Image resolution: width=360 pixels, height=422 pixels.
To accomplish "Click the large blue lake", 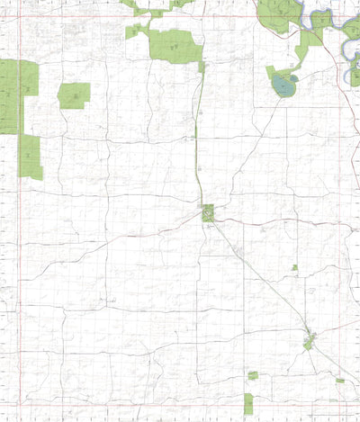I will point(284,85).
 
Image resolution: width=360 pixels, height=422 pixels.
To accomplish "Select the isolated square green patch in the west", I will point(74,95).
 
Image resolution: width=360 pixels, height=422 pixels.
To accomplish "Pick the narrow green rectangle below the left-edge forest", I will point(31,157).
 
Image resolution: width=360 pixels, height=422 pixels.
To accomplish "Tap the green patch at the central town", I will point(208,213).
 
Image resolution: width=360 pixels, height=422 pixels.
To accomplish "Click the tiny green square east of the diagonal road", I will point(294,267).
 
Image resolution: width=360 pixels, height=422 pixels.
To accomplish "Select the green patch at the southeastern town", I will point(310,342).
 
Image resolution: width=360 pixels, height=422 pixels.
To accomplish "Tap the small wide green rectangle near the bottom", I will point(253,375).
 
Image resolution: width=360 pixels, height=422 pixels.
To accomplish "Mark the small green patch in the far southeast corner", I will point(340,381).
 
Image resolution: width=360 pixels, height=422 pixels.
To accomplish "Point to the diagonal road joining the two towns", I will point(261,279).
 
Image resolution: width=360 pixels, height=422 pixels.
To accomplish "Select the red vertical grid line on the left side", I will point(19,225).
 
